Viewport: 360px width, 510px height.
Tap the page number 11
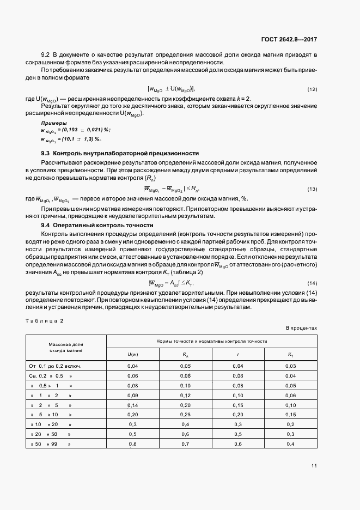pos(314,465)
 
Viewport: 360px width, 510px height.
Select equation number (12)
pos(312,89)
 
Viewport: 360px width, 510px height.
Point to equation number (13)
pos(312,189)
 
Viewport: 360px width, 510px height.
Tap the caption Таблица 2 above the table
pos(44,320)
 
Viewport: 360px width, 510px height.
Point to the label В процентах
pos(301,328)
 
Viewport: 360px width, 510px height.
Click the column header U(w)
pos(132,355)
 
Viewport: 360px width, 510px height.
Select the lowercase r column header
pos(237,355)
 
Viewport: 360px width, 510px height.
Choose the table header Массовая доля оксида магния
pos(66,348)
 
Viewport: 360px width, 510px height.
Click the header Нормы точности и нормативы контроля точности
pos(212,341)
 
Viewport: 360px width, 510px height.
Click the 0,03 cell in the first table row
pos(290,366)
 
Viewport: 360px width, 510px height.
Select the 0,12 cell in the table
pos(185,395)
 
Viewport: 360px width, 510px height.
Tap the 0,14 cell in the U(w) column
pos(132,405)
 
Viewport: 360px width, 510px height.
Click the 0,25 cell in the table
pos(185,415)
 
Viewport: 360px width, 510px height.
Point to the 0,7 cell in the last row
pos(185,444)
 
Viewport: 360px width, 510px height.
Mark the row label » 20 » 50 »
pos(52,434)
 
